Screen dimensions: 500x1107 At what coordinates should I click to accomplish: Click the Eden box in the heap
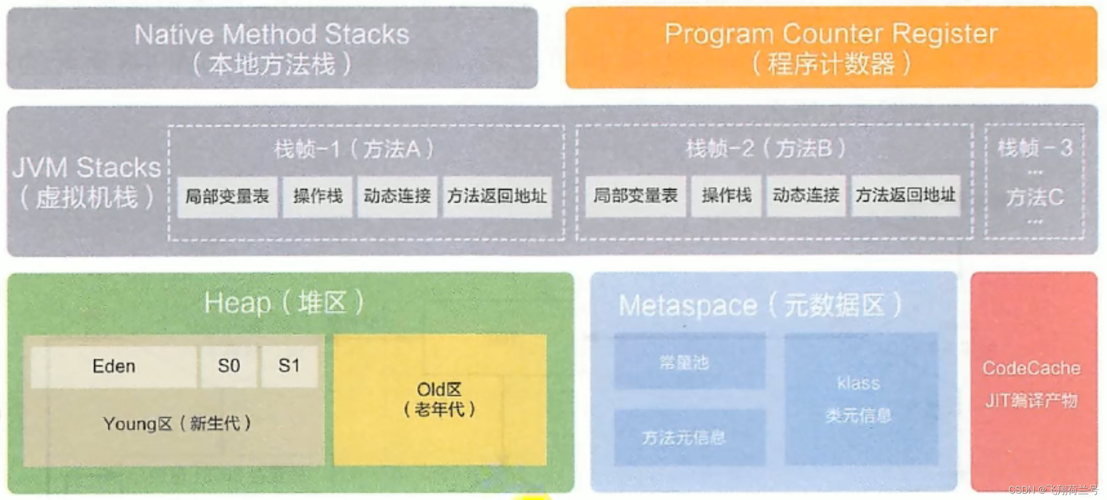114,366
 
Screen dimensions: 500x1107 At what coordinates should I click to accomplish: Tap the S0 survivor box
229,366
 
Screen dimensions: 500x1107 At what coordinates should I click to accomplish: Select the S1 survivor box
289,366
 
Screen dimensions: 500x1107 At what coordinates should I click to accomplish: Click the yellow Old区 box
440,400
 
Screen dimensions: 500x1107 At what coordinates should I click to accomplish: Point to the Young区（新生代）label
177,423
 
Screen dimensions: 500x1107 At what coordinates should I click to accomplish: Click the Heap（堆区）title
284,303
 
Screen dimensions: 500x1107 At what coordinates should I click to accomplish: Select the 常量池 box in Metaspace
685,362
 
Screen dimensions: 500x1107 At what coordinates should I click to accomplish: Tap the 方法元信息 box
685,437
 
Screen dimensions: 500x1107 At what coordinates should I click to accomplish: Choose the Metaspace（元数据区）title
760,305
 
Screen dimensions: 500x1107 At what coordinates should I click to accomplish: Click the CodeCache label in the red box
1032,368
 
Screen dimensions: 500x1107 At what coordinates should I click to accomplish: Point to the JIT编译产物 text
1032,401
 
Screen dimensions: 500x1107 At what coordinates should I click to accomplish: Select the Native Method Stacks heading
272,35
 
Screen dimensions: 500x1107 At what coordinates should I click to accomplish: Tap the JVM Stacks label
86,168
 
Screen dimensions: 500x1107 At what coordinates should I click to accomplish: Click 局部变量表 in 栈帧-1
227,197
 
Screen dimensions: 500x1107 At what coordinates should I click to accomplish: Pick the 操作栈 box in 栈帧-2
726,196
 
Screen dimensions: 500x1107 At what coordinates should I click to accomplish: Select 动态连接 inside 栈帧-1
397,197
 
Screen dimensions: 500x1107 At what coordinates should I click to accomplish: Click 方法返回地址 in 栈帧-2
906,196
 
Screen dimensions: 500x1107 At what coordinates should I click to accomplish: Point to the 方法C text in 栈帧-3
1035,198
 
